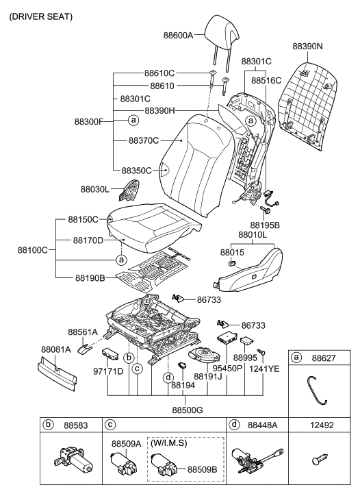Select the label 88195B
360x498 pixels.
266,225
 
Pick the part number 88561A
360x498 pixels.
83,332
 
